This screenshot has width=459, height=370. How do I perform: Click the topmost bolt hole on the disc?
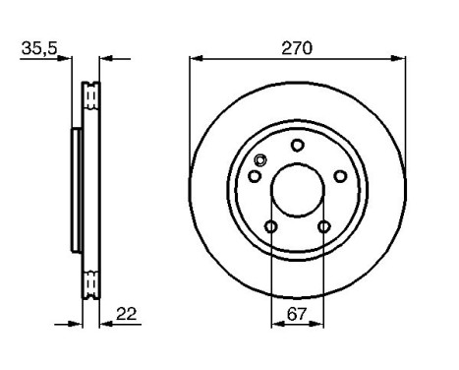pyautogui.click(x=297, y=146)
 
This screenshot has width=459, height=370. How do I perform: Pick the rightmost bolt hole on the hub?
pyautogui.click(x=340, y=176)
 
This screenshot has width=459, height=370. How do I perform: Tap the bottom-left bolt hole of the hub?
pyautogui.click(x=271, y=228)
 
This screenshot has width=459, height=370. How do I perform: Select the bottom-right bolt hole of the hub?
pyautogui.click(x=323, y=228)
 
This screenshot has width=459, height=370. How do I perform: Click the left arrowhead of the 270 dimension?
pyautogui.click(x=195, y=59)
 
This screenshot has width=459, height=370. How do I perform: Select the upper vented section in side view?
pyautogui.click(x=91, y=97)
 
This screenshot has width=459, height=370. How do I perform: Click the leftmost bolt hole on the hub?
pyautogui.click(x=254, y=177)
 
